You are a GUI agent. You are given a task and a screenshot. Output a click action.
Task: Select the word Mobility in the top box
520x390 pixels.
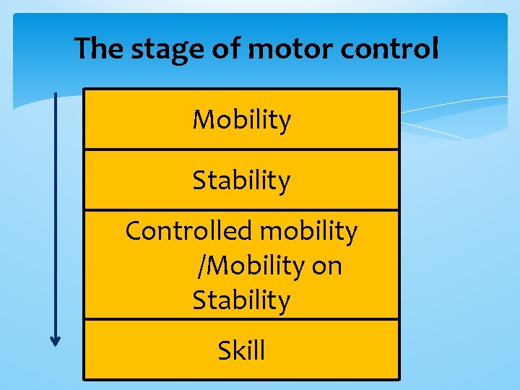point(241,120)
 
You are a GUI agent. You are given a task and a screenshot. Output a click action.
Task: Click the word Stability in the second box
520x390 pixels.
point(241,181)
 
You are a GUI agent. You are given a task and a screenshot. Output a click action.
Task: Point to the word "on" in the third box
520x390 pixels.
point(327,266)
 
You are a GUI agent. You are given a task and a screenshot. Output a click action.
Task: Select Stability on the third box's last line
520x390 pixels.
point(241,300)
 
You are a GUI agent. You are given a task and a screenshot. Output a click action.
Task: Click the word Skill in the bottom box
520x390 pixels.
point(241,351)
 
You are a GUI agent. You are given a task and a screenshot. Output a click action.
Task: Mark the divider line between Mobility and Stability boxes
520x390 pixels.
point(241,149)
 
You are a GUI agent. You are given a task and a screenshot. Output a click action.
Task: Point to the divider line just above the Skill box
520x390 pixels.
point(241,318)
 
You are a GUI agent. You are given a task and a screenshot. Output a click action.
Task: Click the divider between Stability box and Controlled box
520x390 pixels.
point(241,210)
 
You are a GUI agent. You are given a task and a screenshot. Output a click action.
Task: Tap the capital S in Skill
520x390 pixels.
point(225,351)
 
